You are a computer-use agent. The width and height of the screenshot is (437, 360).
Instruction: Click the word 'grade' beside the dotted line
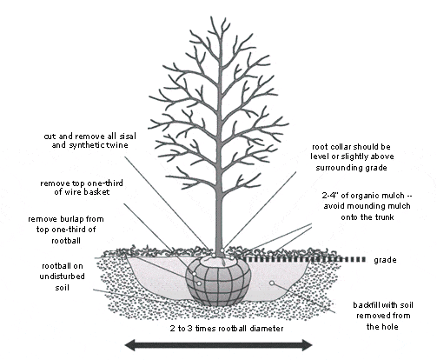385,260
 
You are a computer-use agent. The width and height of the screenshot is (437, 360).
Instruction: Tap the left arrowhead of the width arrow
131,344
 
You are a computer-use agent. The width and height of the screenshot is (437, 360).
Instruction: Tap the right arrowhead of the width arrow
306,345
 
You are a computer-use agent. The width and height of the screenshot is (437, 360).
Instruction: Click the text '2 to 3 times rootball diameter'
227,329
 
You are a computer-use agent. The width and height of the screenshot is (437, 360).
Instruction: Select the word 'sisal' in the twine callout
127,136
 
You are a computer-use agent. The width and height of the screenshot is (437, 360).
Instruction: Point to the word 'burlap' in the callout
72,219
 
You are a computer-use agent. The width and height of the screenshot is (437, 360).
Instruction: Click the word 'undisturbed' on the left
63,277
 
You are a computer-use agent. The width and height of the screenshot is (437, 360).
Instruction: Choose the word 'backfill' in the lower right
366,305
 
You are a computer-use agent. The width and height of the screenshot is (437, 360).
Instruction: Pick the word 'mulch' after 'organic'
394,196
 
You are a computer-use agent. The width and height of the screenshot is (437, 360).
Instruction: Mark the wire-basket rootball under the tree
218,282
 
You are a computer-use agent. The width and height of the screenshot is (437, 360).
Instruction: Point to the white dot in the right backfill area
272,283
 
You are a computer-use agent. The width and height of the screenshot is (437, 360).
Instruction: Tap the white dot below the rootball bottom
216,311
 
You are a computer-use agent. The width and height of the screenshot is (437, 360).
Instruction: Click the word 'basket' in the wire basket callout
96,191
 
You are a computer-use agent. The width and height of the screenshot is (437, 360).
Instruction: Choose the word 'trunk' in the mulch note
383,217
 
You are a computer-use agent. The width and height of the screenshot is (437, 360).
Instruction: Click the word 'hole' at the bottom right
390,327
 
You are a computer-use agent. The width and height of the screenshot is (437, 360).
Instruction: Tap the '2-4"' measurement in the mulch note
330,196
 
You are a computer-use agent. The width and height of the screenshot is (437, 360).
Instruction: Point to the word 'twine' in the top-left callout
117,144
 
